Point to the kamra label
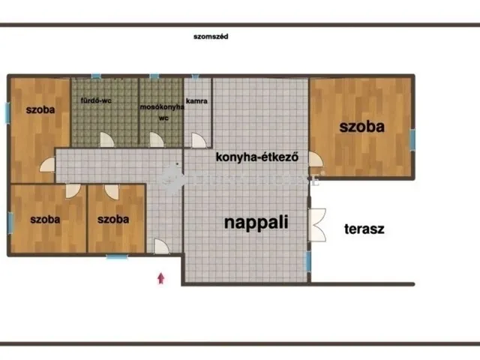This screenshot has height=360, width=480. [x=197, y=100]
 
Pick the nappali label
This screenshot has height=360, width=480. [x=257, y=221]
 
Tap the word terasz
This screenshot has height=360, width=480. [x=364, y=229]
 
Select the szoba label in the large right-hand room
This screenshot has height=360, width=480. [x=361, y=127]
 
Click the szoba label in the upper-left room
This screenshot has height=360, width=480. [x=40, y=109]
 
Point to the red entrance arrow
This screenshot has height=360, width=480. [x=160, y=279]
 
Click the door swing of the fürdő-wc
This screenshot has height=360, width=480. [x=109, y=139]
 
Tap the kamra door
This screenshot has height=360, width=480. [x=198, y=139]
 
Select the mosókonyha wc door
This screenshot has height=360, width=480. [x=156, y=139]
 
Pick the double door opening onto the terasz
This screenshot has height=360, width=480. [x=317, y=223]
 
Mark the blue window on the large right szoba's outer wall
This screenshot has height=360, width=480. [x=411, y=139]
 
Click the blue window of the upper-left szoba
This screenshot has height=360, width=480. [x=7, y=112]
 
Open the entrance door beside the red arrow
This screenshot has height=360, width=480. [x=161, y=246]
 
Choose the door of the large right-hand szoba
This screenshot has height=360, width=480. [x=315, y=159]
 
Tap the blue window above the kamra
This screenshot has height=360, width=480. [x=194, y=76]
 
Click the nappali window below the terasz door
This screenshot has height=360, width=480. [x=307, y=261]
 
